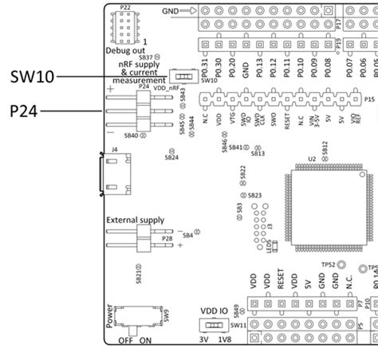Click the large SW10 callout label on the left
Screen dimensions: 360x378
click(x=32, y=76)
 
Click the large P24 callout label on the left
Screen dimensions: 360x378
click(x=26, y=111)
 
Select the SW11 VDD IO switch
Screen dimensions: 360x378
click(x=213, y=326)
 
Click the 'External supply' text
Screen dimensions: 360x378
click(x=135, y=219)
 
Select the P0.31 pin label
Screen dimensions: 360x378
click(x=206, y=68)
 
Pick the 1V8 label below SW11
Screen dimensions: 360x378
click(x=226, y=339)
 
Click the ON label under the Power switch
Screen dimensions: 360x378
click(x=145, y=339)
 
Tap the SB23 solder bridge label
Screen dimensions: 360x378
click(x=254, y=195)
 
